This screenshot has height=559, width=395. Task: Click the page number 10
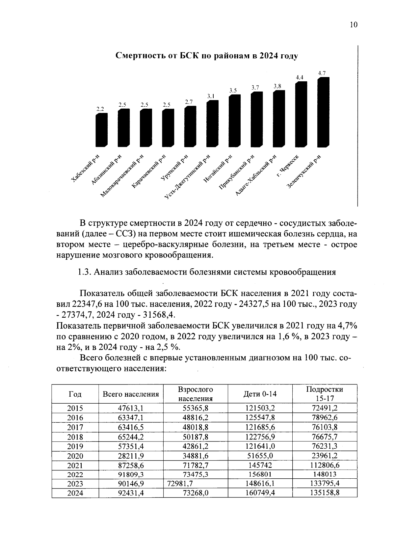click(353, 25)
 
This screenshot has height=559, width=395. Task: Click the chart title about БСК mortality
click(207, 56)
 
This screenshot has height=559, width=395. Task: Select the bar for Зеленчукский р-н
click(323, 112)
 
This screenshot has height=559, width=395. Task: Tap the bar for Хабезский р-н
click(101, 130)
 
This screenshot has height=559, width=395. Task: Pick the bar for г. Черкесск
click(301, 114)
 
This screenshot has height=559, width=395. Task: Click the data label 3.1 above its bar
click(211, 96)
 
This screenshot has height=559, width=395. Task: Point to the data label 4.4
click(300, 78)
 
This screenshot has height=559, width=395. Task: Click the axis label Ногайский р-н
click(218, 169)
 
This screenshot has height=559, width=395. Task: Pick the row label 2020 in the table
click(75, 456)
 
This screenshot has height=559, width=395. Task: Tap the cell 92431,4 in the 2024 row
click(131, 493)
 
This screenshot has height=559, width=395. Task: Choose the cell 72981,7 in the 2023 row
click(180, 484)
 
